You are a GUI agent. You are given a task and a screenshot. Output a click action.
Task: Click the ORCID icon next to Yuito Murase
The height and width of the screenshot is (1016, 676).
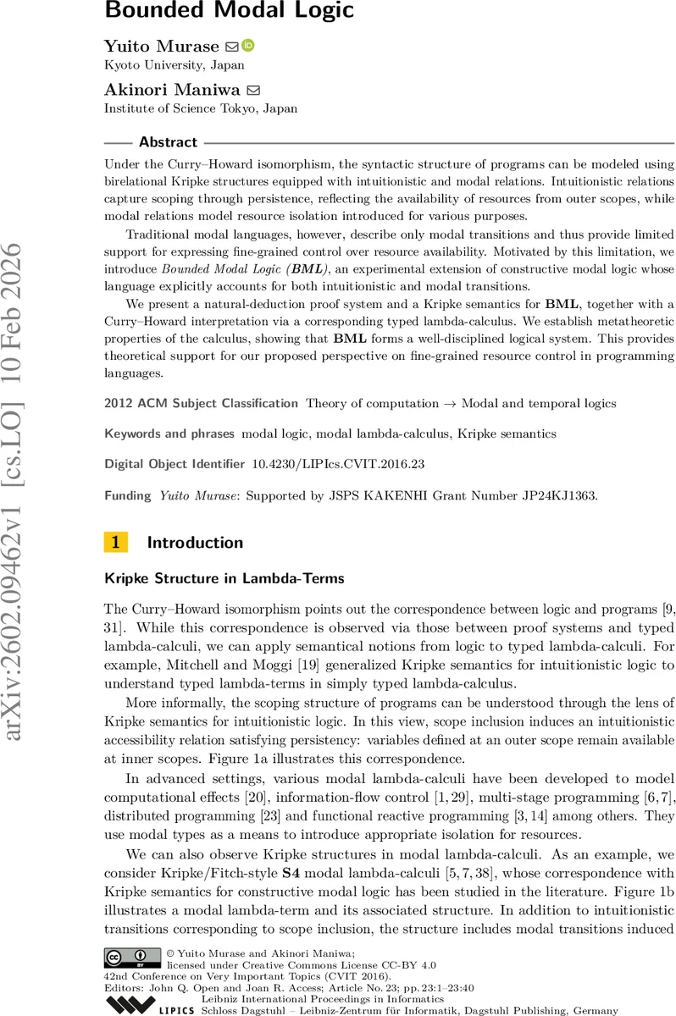(x=248, y=46)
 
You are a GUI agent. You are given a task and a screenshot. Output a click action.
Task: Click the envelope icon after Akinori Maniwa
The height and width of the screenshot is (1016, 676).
(x=252, y=90)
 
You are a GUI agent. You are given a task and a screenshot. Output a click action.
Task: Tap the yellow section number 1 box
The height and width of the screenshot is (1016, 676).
(x=115, y=543)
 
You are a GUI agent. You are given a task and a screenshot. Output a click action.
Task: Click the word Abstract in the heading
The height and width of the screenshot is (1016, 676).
(x=168, y=142)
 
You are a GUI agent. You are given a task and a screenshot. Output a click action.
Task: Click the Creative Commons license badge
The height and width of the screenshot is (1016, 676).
(x=132, y=956)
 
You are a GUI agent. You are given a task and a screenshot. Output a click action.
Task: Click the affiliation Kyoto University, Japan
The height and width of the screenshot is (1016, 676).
(x=175, y=64)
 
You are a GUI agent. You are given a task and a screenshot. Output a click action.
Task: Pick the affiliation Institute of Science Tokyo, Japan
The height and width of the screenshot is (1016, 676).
(x=200, y=108)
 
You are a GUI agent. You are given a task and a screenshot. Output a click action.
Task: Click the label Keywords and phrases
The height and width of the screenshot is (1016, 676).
(x=169, y=433)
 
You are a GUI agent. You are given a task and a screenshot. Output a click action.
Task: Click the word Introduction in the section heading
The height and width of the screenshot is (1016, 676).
(x=195, y=543)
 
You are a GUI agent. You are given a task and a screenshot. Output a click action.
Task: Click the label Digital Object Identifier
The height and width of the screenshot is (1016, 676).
(x=175, y=464)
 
